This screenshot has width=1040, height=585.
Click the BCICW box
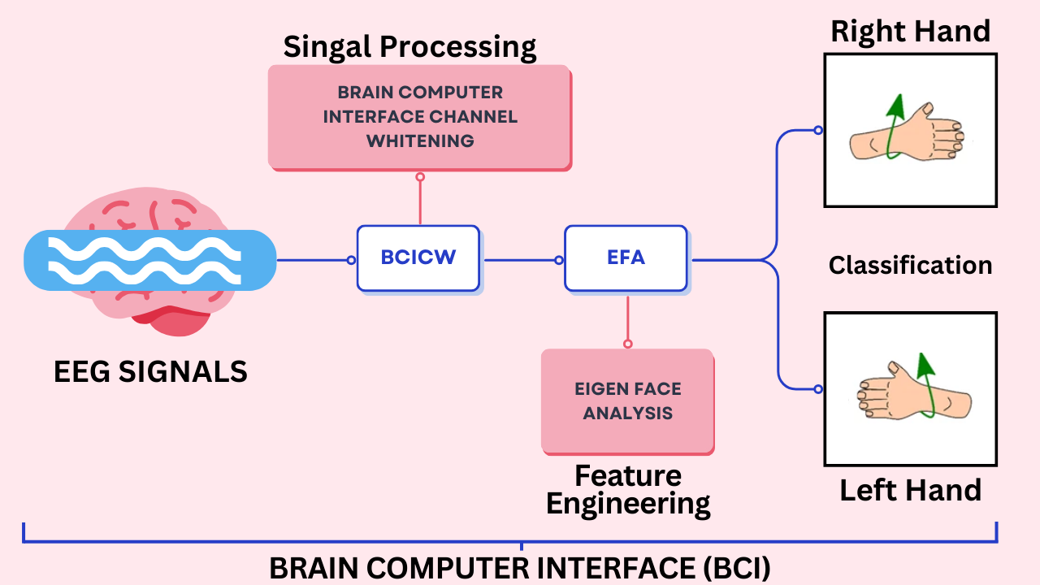click(x=418, y=258)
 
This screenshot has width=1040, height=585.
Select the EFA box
click(x=626, y=258)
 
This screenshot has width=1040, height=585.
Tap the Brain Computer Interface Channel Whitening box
click(x=419, y=117)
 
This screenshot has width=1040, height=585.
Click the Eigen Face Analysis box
click(x=627, y=401)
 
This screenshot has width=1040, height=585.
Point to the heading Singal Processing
click(x=409, y=46)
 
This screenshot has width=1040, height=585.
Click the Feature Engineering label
click(x=627, y=490)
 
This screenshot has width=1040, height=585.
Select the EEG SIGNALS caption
click(x=150, y=371)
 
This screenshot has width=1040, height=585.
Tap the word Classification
click(x=910, y=265)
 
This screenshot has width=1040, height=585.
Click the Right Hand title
click(x=910, y=31)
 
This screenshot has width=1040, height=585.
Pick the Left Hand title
click(x=910, y=490)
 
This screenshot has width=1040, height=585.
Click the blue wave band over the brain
click(x=150, y=260)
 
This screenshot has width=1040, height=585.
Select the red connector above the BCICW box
click(x=420, y=200)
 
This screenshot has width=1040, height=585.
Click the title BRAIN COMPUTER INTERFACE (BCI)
click(x=520, y=568)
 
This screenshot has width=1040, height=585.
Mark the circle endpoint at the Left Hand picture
click(x=818, y=389)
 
